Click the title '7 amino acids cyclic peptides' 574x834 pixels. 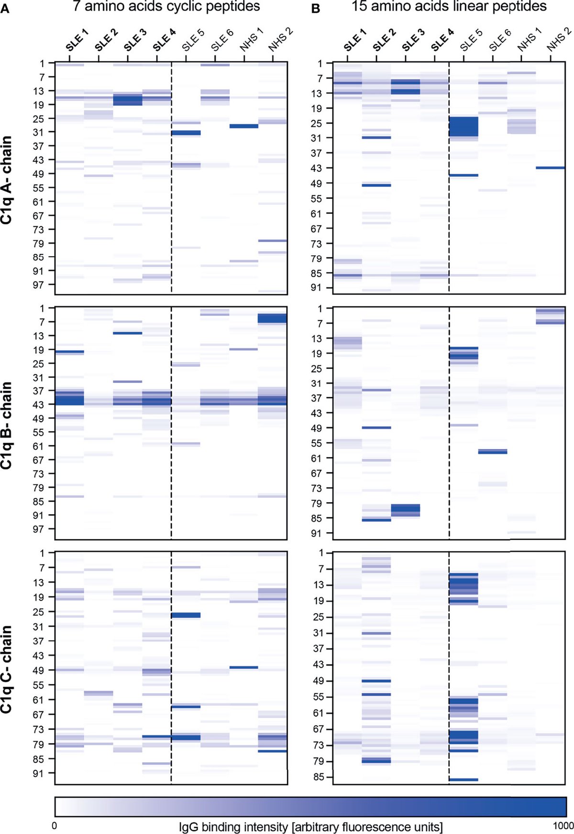(x=166, y=7)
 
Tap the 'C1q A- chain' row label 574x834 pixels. (x=7, y=180)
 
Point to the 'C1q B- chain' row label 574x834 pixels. (x=7, y=425)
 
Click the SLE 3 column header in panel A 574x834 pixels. (x=134, y=41)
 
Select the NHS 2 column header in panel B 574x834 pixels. (x=558, y=40)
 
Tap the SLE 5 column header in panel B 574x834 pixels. (x=471, y=40)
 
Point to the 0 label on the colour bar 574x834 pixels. (x=54, y=825)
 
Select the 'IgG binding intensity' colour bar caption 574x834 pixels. (x=310, y=827)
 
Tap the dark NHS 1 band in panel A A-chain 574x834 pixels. (x=244, y=126)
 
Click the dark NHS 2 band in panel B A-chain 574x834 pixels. (x=550, y=168)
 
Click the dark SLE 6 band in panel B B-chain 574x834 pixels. (x=493, y=451)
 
